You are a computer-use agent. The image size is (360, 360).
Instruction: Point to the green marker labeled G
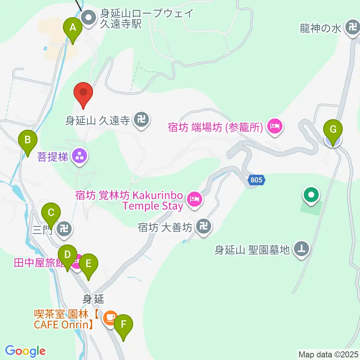pos(333,130)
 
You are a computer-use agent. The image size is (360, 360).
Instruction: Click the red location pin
pos(84,93)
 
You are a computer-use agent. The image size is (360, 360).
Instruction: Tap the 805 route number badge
pos(256,180)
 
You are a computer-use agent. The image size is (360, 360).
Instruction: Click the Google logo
pos(25,351)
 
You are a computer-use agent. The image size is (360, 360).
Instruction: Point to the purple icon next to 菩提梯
pos(79,156)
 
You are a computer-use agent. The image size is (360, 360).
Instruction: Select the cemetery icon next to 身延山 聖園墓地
pos(301,248)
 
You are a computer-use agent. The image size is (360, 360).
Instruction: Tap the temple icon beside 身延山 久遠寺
pos(141,120)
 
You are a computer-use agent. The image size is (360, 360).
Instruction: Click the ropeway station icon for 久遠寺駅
pos(89,18)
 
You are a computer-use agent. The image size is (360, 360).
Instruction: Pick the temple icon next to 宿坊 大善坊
pos(204,226)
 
